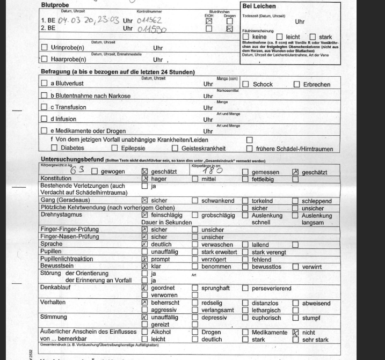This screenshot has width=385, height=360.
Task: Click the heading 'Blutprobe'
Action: [55, 5]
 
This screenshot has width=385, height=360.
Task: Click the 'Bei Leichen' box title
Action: [259, 6]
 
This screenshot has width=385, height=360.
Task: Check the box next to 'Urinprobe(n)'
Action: [45, 48]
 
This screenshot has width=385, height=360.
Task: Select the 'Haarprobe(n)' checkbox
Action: [45, 59]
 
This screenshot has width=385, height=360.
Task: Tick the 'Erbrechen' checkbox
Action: [296, 84]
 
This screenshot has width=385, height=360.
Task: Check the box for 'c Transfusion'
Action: [45, 107]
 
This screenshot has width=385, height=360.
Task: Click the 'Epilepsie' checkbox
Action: [114, 149]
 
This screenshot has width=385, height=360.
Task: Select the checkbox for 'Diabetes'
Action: [54, 149]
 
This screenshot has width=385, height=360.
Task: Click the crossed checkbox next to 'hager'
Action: [144, 179]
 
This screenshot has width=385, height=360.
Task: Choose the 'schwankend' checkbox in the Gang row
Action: [195, 201]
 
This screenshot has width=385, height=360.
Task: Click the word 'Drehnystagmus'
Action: [63, 215]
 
